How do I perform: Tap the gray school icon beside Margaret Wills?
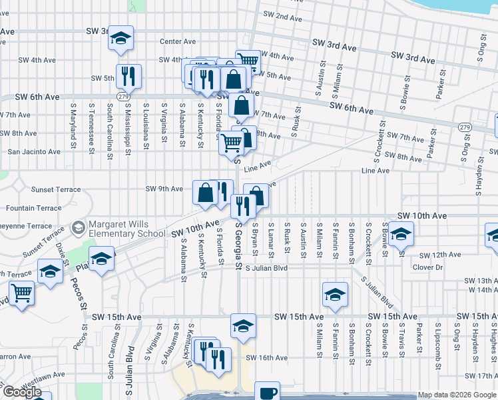click(x=79, y=229)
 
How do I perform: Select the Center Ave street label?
click(x=177, y=41)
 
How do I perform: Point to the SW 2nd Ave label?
click(x=283, y=16)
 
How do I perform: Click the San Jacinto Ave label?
click(x=33, y=151)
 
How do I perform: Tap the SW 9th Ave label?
click(x=164, y=189)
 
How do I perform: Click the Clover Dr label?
click(x=427, y=267)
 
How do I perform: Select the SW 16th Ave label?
click(x=266, y=358)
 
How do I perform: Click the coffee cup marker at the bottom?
click(x=267, y=392)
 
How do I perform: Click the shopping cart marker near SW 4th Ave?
click(x=248, y=61)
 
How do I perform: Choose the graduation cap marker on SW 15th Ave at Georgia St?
click(x=243, y=325)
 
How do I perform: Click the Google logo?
click(x=22, y=392)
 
